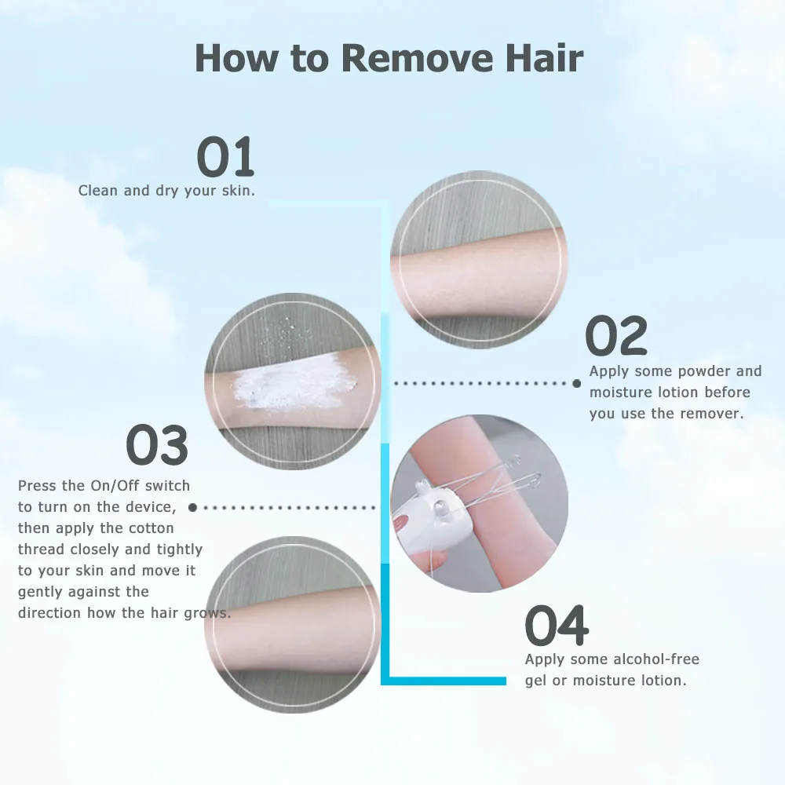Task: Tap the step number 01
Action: tap(225, 157)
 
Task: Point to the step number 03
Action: tap(157, 445)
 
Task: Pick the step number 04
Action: tap(556, 626)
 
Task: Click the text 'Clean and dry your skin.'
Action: tap(166, 191)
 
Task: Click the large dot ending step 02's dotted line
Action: tap(577, 383)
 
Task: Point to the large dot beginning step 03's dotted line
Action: tap(193, 508)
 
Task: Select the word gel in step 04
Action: tap(537, 681)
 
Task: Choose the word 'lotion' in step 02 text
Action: tap(675, 392)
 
